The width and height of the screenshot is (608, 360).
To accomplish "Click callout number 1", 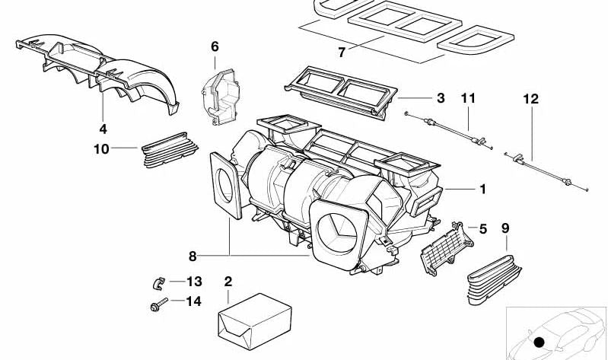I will (482, 189).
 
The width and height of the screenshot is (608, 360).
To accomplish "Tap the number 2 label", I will (228, 282).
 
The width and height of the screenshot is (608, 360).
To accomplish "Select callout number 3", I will (440, 98).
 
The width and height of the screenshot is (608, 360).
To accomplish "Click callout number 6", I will (215, 47).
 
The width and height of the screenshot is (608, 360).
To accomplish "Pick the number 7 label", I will (342, 53).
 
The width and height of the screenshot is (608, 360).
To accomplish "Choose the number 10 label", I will (102, 149).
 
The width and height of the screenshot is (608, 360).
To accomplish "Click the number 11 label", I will (467, 98).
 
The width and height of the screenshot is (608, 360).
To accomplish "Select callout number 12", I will (530, 98).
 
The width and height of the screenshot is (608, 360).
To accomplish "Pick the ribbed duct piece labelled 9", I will (495, 270).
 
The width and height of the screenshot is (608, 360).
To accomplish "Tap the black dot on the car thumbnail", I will (540, 342).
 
